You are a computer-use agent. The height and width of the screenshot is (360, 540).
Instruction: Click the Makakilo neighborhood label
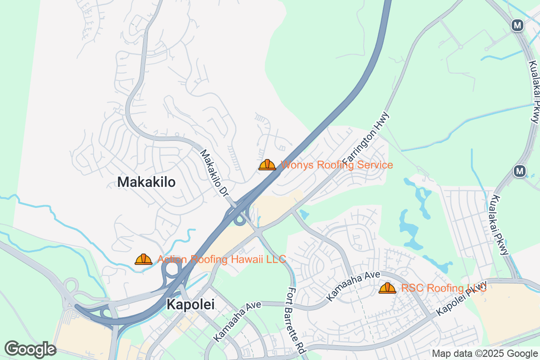[146, 182]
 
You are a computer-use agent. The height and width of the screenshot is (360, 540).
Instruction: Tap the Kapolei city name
[190, 305]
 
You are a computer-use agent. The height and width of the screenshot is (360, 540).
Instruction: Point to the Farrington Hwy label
[365, 139]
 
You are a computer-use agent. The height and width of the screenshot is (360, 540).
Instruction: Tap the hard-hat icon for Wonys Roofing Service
[267, 165]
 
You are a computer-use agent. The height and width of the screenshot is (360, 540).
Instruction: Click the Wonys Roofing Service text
[337, 165]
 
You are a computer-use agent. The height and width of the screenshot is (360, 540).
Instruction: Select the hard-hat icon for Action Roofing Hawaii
[144, 259]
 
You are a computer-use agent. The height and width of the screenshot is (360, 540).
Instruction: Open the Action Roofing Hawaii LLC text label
[221, 259]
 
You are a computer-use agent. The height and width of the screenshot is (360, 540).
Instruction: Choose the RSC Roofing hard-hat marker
[387, 288]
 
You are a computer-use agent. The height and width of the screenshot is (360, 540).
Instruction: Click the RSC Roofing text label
[444, 288]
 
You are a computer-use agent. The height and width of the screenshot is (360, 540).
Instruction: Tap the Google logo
[31, 349]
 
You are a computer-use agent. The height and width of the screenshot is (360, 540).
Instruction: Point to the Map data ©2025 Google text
[484, 353]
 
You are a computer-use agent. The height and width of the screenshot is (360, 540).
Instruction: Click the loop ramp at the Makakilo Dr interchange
[239, 220]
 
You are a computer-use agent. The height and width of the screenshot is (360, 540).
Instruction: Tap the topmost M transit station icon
[517, 26]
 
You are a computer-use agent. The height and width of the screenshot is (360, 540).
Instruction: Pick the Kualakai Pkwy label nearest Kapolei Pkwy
[500, 225]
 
